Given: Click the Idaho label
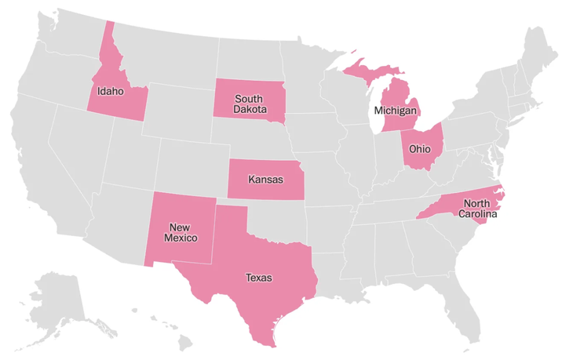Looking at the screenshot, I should tap(110, 91).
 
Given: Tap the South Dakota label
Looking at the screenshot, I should tap(249, 104).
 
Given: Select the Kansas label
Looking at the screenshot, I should tap(265, 180).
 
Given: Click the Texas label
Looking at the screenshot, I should tap(258, 278).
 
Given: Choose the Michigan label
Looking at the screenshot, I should tap(396, 111).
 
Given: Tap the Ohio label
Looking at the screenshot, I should tap(420, 149).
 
